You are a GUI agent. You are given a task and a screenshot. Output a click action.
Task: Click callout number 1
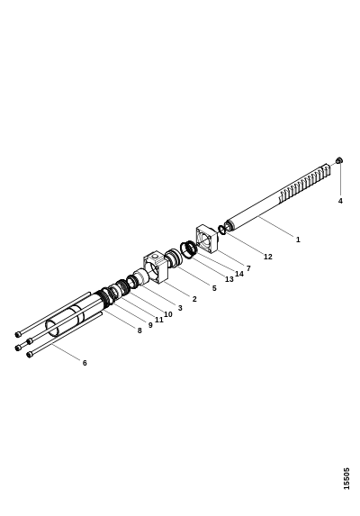[x=298, y=240]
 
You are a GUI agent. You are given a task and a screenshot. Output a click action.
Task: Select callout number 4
[x=340, y=201]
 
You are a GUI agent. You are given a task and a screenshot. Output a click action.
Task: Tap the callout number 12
[x=268, y=257]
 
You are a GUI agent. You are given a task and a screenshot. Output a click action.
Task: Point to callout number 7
[x=248, y=268]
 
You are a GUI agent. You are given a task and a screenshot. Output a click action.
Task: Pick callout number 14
[x=239, y=274]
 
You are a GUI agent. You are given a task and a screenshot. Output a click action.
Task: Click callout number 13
[x=229, y=279]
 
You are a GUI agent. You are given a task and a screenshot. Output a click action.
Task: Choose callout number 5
[x=214, y=288]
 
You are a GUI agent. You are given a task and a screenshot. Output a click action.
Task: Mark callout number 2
[x=194, y=299]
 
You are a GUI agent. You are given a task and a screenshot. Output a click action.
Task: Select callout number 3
[x=180, y=308]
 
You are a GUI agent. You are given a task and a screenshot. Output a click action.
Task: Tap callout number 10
[x=168, y=314]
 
